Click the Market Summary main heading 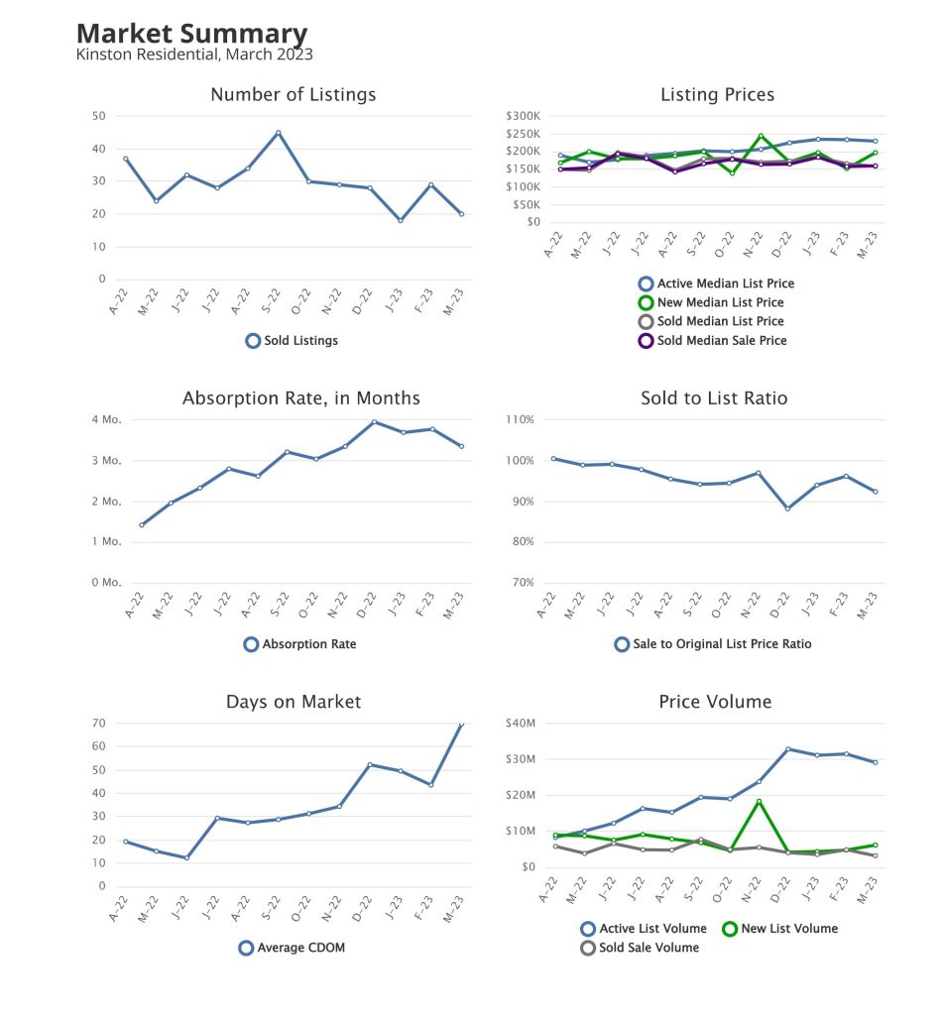coord(191,35)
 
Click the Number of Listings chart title coord(294,95)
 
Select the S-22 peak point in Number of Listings coord(278,132)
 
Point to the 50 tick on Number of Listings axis coord(99,116)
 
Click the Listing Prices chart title coord(717,95)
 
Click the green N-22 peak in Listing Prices coord(761,136)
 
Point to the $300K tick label coord(523,116)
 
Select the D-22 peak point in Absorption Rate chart coord(374,422)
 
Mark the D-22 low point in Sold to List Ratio coord(787,508)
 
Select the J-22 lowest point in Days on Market coord(185,857)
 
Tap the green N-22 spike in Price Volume coord(759,801)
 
